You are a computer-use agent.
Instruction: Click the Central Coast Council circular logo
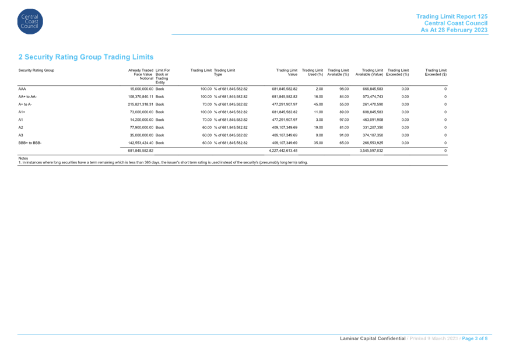(x=30, y=22)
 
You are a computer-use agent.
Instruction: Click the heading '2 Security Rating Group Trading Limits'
(x=86, y=57)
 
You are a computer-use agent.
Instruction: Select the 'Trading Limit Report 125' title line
(x=452, y=16)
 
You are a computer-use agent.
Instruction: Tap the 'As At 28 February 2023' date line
(x=454, y=30)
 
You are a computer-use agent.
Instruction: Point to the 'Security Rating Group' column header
(x=36, y=70)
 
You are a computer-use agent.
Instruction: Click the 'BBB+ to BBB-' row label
(x=30, y=143)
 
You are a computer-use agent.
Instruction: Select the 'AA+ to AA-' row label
(x=27, y=96)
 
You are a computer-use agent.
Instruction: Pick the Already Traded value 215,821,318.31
(x=141, y=104)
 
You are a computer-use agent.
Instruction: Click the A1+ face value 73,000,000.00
(x=142, y=112)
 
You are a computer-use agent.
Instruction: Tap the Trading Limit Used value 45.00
(x=318, y=104)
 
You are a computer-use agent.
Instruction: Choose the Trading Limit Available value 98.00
(x=344, y=89)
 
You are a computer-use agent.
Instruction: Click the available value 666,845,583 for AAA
(x=373, y=89)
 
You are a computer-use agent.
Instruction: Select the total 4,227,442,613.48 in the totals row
(x=283, y=151)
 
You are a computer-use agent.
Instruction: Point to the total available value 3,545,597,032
(x=371, y=151)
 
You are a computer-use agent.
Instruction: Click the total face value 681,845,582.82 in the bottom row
(x=141, y=151)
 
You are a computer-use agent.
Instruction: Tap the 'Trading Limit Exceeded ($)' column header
(x=436, y=72)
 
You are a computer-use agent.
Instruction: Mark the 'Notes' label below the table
(x=23, y=158)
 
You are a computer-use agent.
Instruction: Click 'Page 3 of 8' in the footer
(x=475, y=338)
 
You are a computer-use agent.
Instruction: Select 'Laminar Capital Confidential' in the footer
(x=373, y=338)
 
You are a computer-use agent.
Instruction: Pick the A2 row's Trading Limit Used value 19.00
(x=318, y=128)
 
